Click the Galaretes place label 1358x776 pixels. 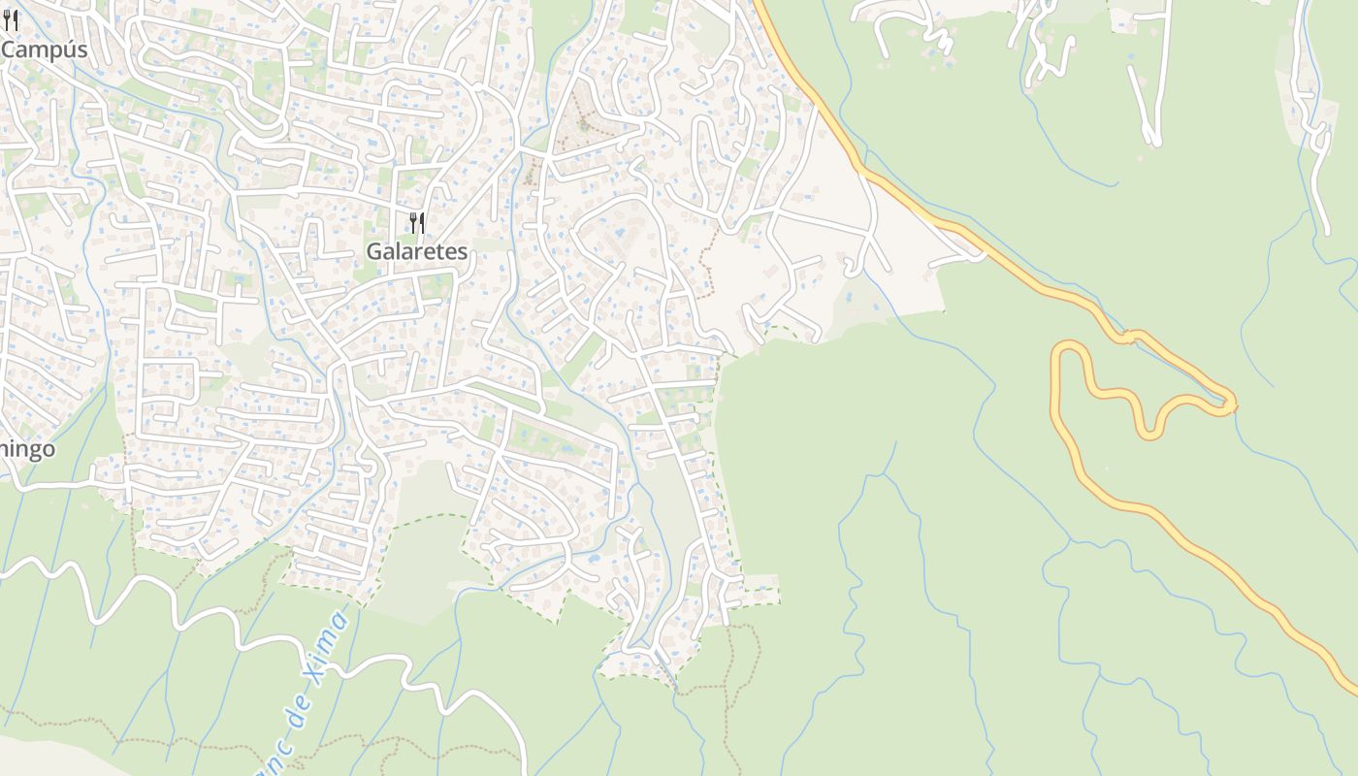coord(417,252)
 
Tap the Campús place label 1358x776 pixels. coord(45,50)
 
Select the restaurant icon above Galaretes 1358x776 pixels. coord(417,223)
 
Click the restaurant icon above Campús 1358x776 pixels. coord(11,19)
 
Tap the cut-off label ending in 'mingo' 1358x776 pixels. coord(27,450)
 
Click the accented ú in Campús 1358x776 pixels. coord(68,50)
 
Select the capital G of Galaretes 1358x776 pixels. coord(374,252)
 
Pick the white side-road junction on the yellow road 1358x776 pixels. coord(980,254)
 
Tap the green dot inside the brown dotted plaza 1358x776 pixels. coord(583,124)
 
